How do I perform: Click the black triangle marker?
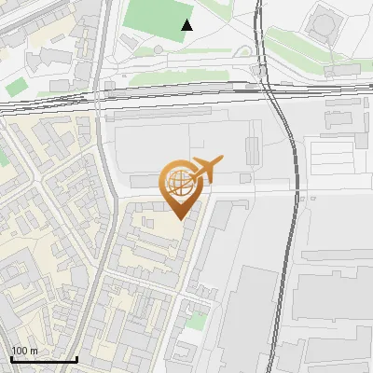[x=187, y=25]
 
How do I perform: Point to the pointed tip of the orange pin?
[x=179, y=217]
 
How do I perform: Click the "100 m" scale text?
[x=24, y=350]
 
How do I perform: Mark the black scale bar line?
[x=43, y=359]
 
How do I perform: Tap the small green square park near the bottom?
[x=195, y=321]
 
